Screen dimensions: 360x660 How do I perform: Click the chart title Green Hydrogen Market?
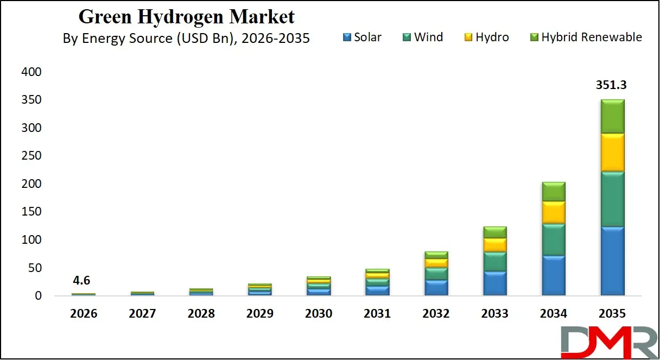[x=187, y=16]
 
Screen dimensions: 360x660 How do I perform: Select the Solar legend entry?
[x=362, y=37]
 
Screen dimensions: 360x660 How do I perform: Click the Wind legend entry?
[x=423, y=37]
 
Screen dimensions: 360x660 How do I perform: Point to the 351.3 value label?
[x=612, y=85]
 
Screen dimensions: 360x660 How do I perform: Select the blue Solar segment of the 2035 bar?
[x=612, y=261]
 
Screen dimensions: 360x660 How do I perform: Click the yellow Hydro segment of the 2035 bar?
[x=612, y=153]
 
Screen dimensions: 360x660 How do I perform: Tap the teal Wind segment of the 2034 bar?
[x=553, y=239]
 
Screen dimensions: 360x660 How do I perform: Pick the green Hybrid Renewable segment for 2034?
[x=553, y=192]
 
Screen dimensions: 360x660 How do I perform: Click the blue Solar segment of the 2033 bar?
[x=494, y=283]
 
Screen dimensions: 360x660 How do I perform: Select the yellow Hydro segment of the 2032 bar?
[x=436, y=263]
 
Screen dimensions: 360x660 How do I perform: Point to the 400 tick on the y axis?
[x=30, y=72]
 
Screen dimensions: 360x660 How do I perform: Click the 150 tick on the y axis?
[x=30, y=212]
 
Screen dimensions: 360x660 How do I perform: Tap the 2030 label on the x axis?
[x=319, y=314]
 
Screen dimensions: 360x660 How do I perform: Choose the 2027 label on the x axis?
[x=142, y=314]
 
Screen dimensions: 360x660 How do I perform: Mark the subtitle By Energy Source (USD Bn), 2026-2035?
[x=187, y=39]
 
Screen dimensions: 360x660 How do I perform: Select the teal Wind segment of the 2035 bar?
[x=612, y=199]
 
